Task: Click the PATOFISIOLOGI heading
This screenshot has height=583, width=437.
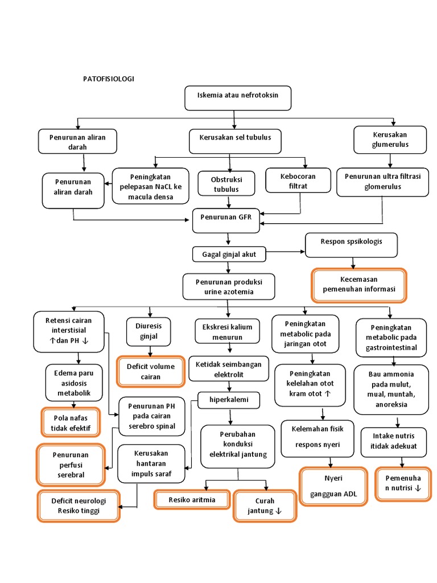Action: click(x=109, y=79)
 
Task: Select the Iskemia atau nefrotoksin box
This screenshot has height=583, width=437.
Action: click(x=238, y=97)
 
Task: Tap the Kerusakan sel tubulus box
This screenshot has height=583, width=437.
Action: click(x=235, y=141)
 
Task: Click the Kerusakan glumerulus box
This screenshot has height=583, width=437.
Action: click(x=390, y=140)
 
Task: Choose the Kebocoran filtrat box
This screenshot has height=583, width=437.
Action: click(x=298, y=181)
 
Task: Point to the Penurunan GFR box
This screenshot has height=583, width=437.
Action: click(x=226, y=220)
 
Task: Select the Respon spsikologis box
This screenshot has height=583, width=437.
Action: click(x=351, y=245)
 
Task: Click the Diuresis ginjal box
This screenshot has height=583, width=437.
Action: click(x=148, y=331)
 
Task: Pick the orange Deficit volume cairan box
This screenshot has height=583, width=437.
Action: click(x=151, y=371)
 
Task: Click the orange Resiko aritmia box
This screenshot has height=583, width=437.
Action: click(x=192, y=499)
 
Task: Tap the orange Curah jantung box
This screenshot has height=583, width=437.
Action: click(x=265, y=506)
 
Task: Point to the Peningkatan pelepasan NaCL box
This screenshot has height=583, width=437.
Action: click(x=150, y=186)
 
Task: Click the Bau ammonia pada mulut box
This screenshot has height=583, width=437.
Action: click(x=391, y=389)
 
